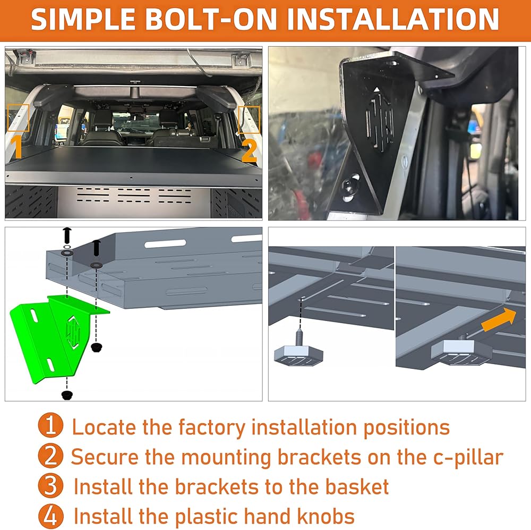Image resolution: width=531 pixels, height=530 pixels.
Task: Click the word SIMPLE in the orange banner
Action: (83, 19)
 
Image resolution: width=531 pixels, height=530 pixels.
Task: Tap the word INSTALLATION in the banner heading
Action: (393, 19)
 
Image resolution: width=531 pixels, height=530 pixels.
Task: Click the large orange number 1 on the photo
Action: (15, 147)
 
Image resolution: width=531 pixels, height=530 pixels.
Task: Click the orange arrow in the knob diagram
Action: (499, 319)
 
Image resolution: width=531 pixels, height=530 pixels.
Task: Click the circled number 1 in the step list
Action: (50, 425)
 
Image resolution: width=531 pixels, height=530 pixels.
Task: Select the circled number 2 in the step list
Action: (50, 456)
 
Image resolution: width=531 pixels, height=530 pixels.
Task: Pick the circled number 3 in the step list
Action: (50, 485)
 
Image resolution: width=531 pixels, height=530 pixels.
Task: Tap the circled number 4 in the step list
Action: (50, 516)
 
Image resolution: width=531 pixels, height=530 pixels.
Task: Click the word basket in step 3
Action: (357, 487)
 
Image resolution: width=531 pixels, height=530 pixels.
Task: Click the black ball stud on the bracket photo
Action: (349, 186)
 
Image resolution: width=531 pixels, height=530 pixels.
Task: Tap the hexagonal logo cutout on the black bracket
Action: (379, 120)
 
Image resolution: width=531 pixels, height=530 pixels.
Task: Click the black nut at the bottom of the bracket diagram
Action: (67, 395)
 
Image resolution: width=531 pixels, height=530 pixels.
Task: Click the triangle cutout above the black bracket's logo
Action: (376, 89)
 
